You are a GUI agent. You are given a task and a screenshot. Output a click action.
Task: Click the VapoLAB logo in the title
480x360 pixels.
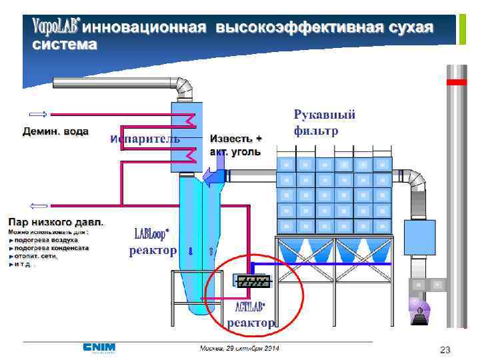click(x=56, y=27)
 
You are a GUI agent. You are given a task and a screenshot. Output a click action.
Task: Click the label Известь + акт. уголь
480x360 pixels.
click(x=236, y=145)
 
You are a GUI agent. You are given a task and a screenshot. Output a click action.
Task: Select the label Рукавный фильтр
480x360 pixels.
click(x=325, y=123)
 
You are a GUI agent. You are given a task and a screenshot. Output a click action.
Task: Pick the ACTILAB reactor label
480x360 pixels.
click(x=250, y=315)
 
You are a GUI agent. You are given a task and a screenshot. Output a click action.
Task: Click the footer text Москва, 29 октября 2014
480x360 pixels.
click(x=240, y=349)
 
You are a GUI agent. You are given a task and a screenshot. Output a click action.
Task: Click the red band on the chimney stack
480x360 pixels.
click(x=456, y=82)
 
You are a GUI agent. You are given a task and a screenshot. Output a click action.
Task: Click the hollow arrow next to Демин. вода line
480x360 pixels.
click(x=38, y=113)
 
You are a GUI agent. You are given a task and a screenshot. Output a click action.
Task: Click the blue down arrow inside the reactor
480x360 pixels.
click(x=191, y=251)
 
